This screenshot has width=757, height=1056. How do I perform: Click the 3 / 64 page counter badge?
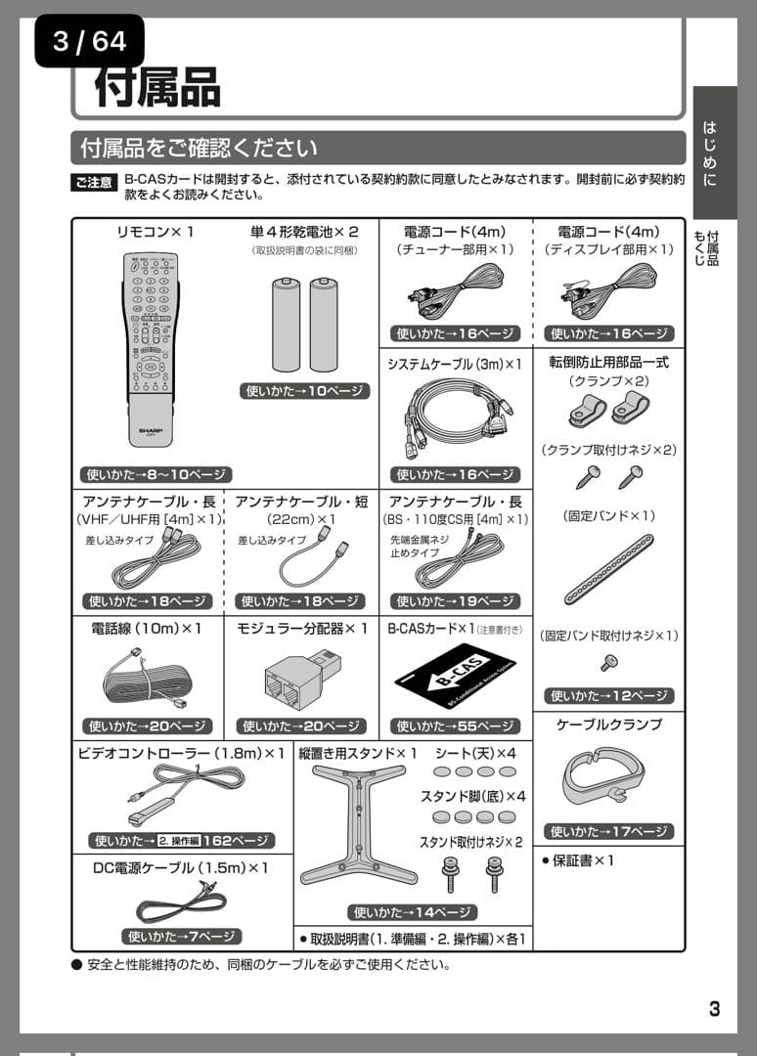[89, 41]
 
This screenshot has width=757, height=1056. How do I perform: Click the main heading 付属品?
[156, 86]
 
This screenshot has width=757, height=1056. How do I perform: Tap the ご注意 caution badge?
[94, 183]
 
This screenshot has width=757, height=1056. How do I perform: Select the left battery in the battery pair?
[287, 325]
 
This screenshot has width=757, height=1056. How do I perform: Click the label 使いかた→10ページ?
[304, 391]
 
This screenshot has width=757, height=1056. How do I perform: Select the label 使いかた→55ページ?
[455, 726]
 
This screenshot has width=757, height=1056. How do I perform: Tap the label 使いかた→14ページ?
[413, 912]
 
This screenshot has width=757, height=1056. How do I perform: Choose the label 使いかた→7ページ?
[181, 936]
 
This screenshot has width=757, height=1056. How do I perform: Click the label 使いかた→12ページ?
[608, 696]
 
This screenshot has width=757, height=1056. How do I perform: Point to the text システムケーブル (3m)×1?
[455, 364]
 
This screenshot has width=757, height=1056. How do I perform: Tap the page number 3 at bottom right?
[715, 1008]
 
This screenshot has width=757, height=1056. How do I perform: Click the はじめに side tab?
[710, 154]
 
